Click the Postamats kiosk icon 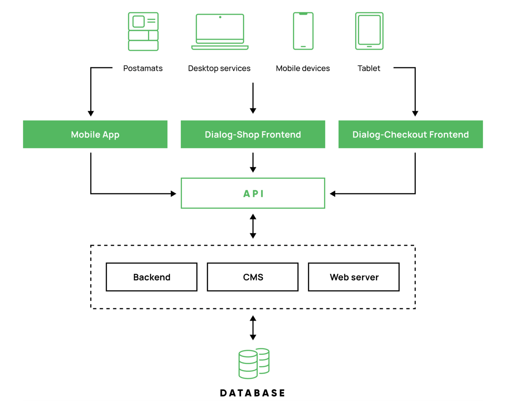[143, 31]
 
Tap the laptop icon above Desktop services [220, 32]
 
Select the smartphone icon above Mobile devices [303, 31]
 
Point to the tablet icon [369, 31]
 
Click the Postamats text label [143, 68]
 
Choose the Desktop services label [219, 68]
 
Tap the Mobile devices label [303, 68]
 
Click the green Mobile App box [95, 134]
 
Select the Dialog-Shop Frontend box [253, 134]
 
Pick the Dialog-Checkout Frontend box [410, 134]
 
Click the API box [253, 193]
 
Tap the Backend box [151, 277]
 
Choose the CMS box [252, 277]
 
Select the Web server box [354, 277]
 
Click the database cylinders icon [254, 363]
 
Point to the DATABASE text [252, 393]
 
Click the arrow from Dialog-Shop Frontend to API [253, 163]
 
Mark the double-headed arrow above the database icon [253, 328]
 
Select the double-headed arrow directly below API [253, 226]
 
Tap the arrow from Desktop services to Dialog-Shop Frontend [253, 98]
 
